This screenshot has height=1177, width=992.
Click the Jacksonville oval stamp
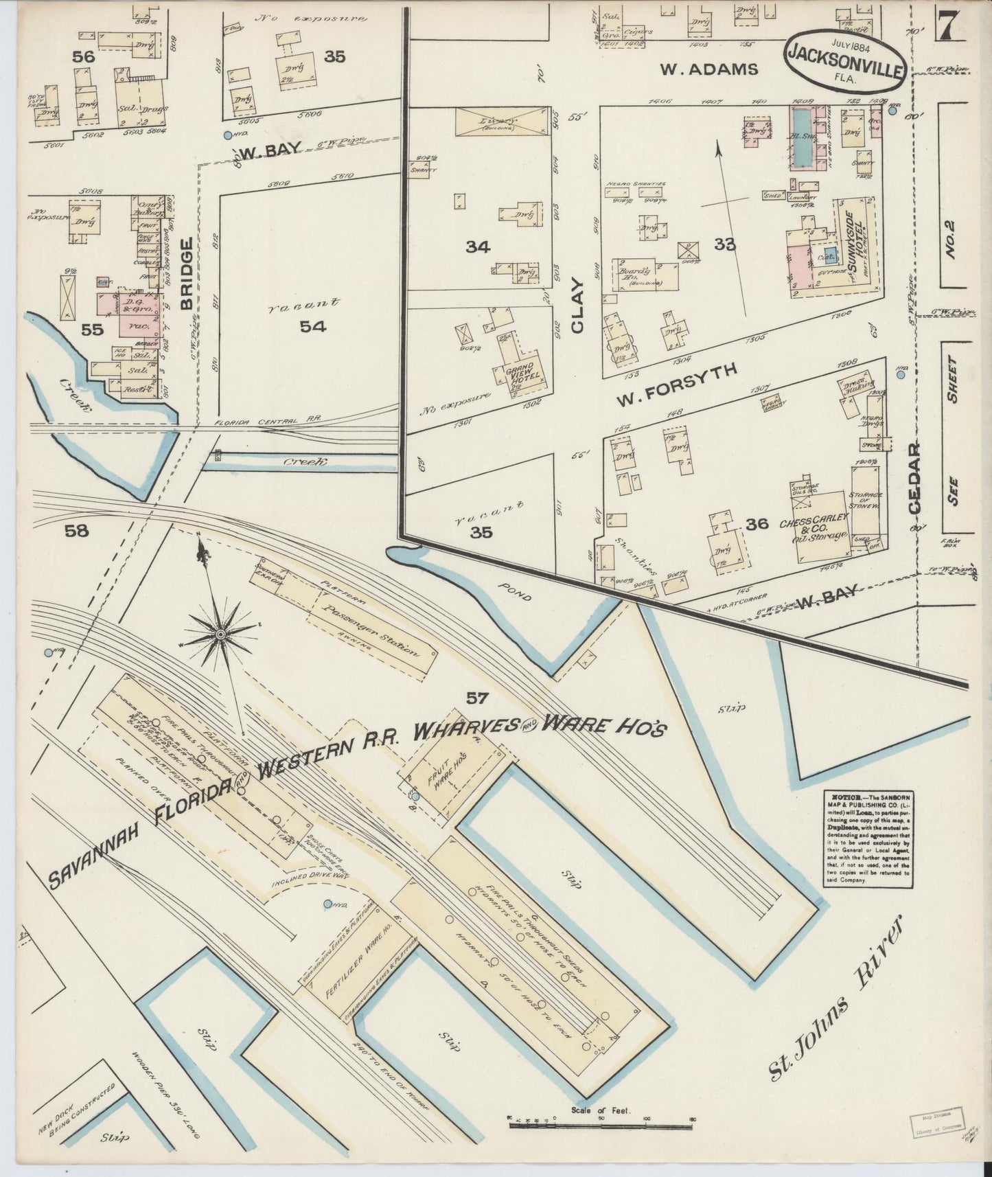pos(846,60)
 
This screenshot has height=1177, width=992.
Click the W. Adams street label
pos(709,69)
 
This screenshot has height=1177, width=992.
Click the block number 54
pos(312,326)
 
